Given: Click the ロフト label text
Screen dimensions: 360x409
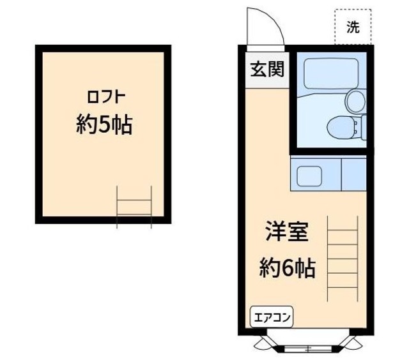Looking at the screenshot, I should [105, 98].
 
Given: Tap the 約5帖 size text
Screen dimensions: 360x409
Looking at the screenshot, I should [104, 124].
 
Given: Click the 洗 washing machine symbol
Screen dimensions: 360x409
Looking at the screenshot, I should [353, 27].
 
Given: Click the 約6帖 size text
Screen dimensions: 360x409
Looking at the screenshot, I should [288, 267].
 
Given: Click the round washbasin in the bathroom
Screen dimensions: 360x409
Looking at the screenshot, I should [355, 100].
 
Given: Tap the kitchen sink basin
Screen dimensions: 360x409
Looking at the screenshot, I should [308, 174].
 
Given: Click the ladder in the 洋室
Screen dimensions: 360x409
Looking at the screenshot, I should [342, 259].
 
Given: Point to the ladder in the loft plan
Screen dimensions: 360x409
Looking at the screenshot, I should [134, 206].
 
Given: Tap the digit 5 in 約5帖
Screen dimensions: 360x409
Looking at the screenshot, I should [105, 125].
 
